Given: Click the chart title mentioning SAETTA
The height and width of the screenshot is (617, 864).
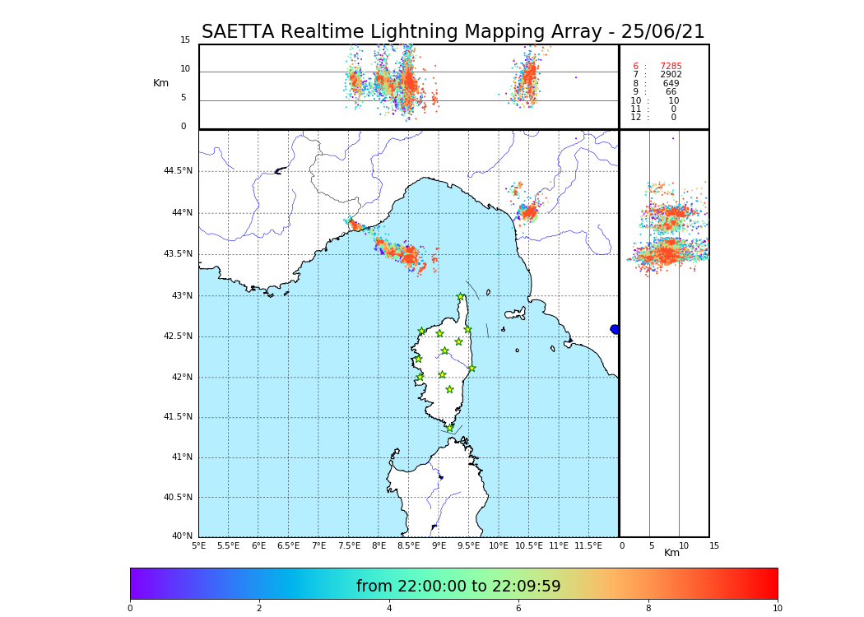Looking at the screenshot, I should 453,32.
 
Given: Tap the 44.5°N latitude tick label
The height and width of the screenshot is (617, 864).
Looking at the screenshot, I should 178,171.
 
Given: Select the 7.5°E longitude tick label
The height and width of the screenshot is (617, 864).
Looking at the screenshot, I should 349,545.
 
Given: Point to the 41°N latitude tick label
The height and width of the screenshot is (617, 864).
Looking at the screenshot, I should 181,457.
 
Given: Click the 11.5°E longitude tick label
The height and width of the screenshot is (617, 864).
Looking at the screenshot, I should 588,545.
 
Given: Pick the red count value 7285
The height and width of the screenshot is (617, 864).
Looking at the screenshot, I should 671,67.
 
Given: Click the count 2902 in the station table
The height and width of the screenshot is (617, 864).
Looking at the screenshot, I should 671,75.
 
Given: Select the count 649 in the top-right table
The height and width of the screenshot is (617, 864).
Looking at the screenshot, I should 671,84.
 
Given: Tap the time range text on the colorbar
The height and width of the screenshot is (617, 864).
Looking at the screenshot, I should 458,587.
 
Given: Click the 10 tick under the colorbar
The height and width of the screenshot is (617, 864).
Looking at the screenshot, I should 777,609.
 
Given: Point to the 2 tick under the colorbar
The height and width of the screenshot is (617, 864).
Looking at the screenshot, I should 259,609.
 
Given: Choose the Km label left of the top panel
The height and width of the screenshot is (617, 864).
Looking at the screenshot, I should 160,83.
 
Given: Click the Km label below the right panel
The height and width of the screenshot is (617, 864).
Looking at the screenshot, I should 671,553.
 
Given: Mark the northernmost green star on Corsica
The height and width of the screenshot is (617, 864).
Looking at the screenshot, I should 461,297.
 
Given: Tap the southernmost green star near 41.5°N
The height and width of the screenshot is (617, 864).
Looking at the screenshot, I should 449,428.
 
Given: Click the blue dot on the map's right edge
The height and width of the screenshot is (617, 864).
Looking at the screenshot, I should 615,329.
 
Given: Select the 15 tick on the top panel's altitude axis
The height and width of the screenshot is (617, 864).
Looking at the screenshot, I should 185,40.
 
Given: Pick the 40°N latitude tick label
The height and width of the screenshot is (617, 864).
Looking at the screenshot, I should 181,536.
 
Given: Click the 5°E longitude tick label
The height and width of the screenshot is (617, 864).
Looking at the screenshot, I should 199,545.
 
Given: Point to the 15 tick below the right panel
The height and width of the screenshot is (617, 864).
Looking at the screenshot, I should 714,545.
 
